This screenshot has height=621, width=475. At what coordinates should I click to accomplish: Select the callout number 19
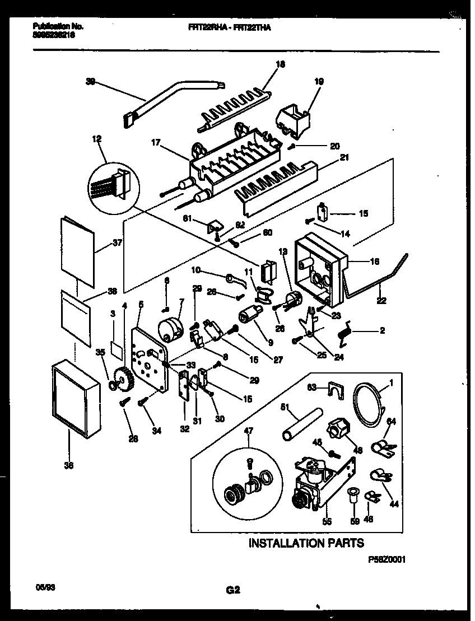(319, 81)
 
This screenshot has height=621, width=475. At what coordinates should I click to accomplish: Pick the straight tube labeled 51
(302, 424)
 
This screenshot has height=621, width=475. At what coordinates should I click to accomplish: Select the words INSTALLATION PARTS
(306, 543)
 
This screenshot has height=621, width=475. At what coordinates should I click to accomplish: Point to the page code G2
(233, 589)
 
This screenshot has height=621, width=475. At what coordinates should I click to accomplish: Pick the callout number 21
(344, 157)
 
